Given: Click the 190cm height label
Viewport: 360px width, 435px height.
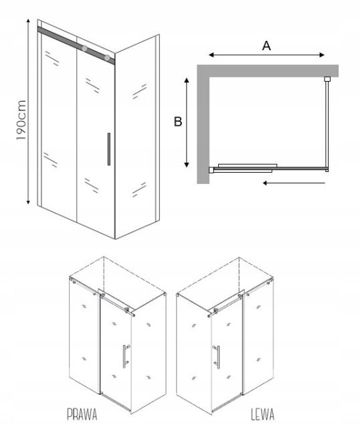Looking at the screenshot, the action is pos(21,120).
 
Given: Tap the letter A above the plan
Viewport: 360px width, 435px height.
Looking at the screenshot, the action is pos(266,46).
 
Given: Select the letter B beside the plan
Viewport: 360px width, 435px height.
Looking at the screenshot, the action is pos(178,122).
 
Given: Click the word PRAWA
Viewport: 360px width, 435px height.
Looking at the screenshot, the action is pos(82,414).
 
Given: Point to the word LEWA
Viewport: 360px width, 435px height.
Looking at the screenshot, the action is pos(262,414).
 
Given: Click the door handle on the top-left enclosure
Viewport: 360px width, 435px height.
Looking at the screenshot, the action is pos(108,149).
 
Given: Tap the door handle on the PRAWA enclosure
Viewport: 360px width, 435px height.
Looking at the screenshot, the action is pos(126,357).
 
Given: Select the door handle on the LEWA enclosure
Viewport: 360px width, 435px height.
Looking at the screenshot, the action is pos(217,357).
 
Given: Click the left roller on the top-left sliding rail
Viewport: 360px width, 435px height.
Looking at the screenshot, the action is pos(84,48).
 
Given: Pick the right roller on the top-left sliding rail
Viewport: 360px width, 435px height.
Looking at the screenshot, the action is pos(107,58).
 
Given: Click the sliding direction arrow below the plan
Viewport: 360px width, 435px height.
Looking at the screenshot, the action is pos(294,183).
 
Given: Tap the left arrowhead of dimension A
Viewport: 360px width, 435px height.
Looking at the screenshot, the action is pos(211,55).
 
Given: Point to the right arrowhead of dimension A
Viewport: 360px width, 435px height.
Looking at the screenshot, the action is pos(322,55).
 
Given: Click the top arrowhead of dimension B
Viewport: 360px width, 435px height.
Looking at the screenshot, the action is pos(187,80).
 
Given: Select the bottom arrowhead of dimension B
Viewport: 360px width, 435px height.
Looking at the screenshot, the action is pos(187,165).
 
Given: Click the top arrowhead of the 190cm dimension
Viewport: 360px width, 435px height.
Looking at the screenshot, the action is pos(28,21).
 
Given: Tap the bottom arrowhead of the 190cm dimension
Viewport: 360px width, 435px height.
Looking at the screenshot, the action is pos(28,202).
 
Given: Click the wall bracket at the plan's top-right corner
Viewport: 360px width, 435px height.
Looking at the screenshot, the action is pos(328,79).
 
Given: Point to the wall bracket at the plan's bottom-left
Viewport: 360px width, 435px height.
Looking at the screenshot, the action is pos(211,170).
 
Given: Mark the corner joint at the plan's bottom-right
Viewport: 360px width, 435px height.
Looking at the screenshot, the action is pos(327,169).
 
